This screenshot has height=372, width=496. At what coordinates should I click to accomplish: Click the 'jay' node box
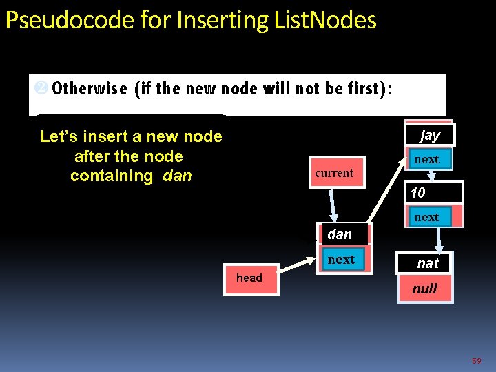429,134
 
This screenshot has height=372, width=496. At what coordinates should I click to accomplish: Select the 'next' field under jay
427,159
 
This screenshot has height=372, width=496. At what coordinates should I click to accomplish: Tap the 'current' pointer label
334,173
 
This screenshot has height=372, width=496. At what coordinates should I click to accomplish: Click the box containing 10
434,193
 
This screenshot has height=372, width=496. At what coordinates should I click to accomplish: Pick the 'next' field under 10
427,217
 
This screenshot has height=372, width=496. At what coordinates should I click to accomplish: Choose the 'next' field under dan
341,260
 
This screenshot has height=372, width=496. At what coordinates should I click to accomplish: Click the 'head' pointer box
250,278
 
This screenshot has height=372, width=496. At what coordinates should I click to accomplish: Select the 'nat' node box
428,263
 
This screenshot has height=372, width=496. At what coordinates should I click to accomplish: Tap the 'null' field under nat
425,288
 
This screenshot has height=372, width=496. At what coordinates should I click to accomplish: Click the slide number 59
476,360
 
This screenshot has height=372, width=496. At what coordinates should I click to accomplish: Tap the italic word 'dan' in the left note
178,176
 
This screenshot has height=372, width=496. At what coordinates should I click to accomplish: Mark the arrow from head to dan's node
298,266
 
